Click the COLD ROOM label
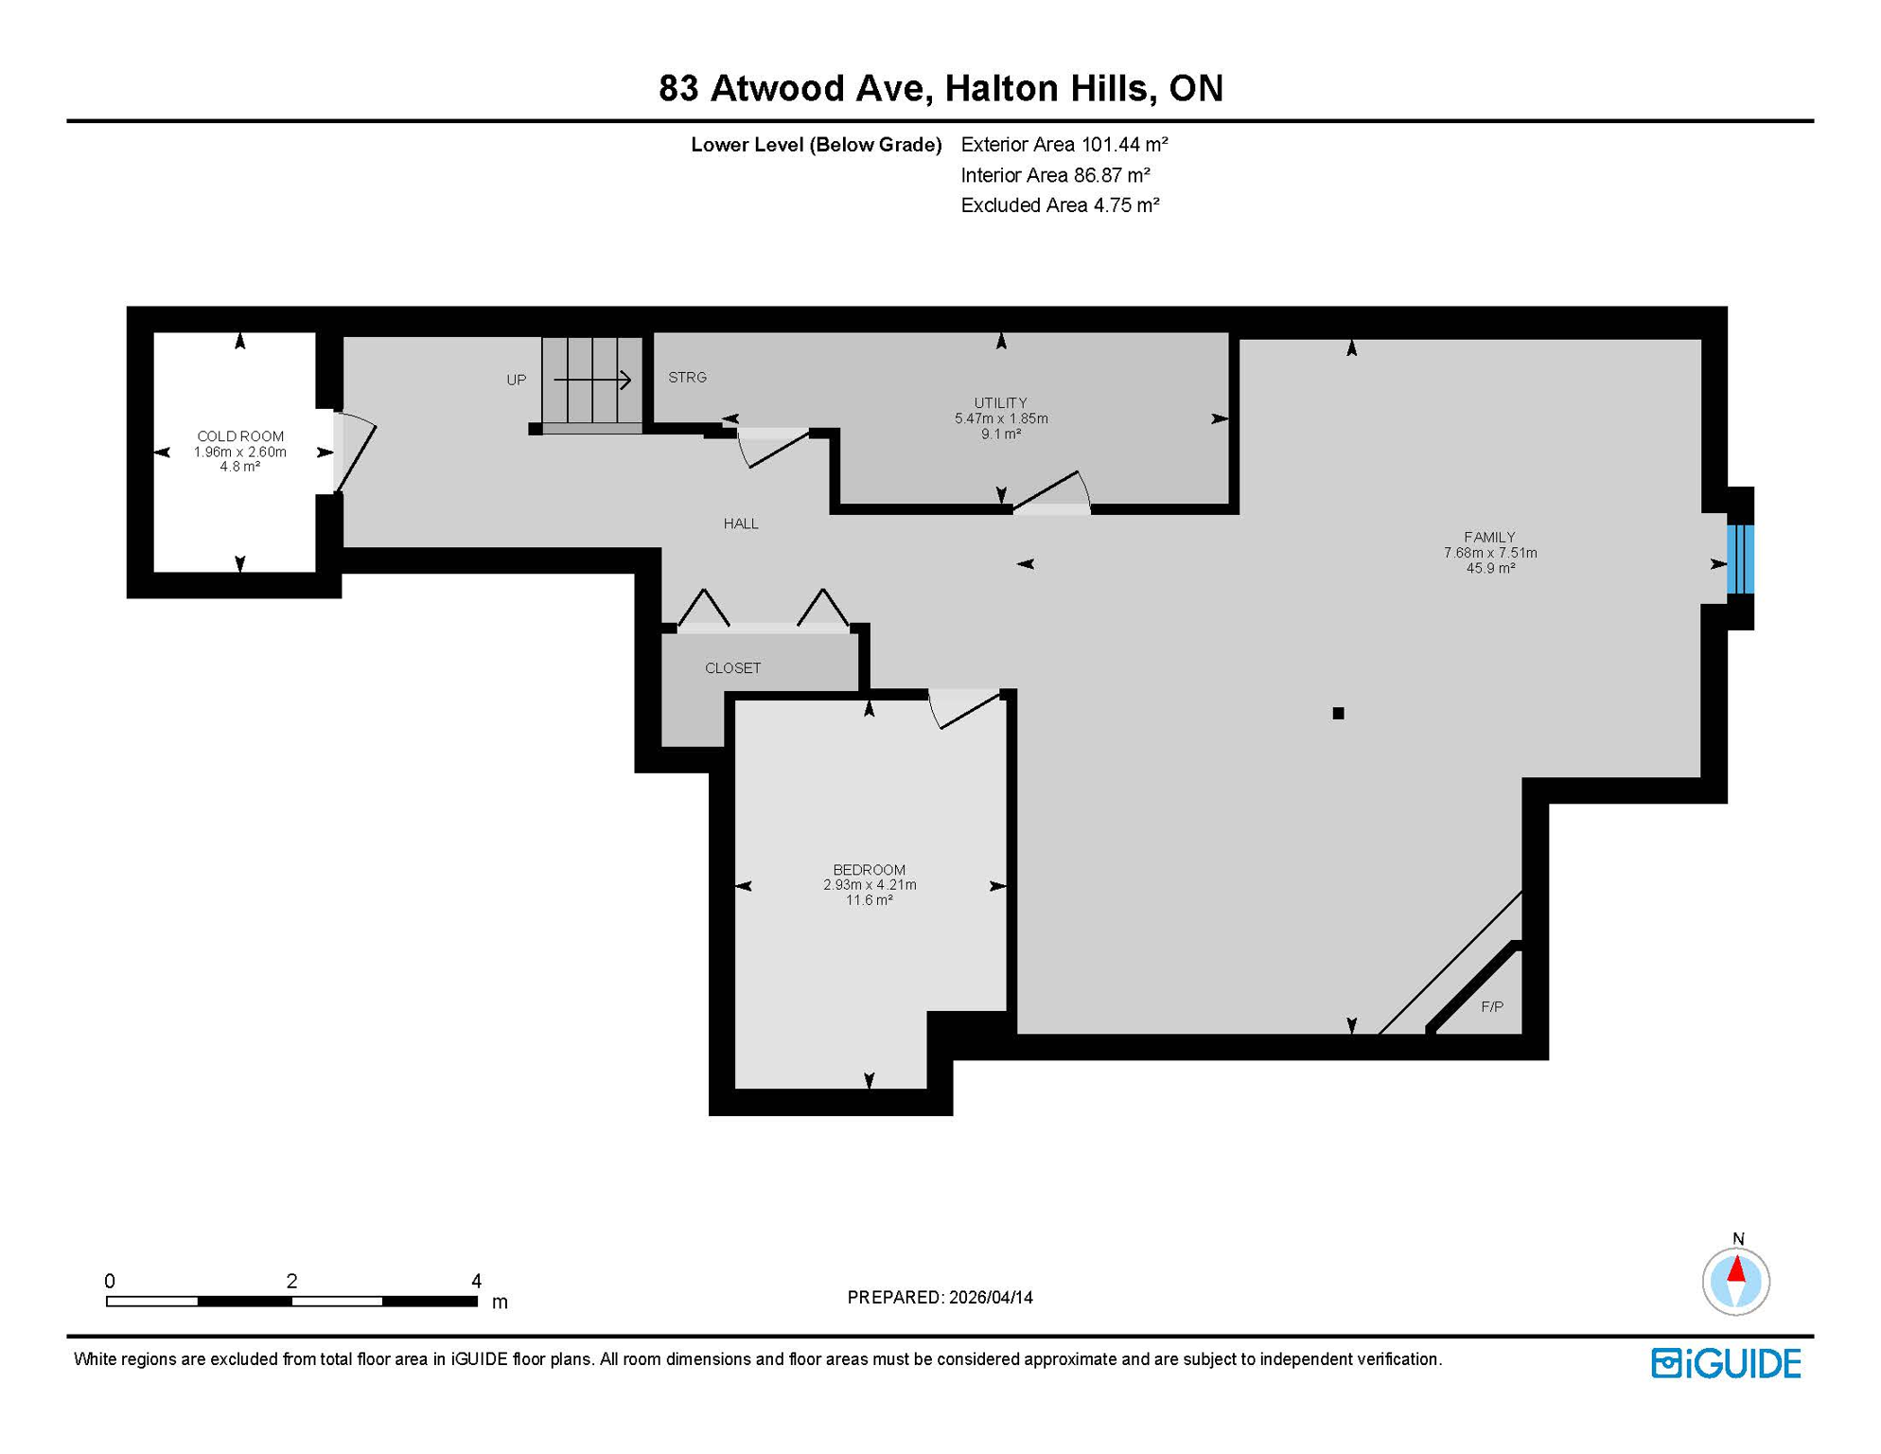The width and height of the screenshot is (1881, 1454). tap(240, 436)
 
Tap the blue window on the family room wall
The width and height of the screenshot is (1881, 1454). tap(1740, 559)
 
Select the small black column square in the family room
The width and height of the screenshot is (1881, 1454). tap(1338, 713)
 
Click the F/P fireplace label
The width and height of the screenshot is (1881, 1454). tap(1492, 1006)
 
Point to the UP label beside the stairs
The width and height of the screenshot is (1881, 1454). tap(516, 380)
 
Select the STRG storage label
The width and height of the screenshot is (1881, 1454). tap(687, 377)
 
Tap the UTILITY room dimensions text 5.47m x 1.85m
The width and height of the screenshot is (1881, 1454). tap(1001, 418)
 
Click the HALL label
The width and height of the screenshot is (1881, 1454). tap(741, 523)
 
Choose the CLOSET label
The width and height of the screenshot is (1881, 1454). tap(732, 668)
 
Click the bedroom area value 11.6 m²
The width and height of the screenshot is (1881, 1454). tap(869, 900)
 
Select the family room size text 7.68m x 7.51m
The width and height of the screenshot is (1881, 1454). tap(1490, 553)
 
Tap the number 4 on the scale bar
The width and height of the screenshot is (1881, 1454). tap(476, 1281)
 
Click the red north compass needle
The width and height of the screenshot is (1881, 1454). tap(1736, 1268)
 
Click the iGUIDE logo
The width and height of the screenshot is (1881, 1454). tap(1726, 1363)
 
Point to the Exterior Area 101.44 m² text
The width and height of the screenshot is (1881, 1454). tap(1064, 145)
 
